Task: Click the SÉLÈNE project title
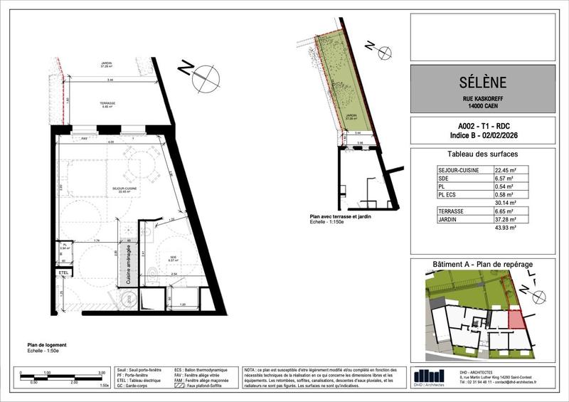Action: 483,83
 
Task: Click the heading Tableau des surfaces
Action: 482,154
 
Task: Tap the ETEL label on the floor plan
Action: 63,271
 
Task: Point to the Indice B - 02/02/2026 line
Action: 482,134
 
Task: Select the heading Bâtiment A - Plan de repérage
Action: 482,265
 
